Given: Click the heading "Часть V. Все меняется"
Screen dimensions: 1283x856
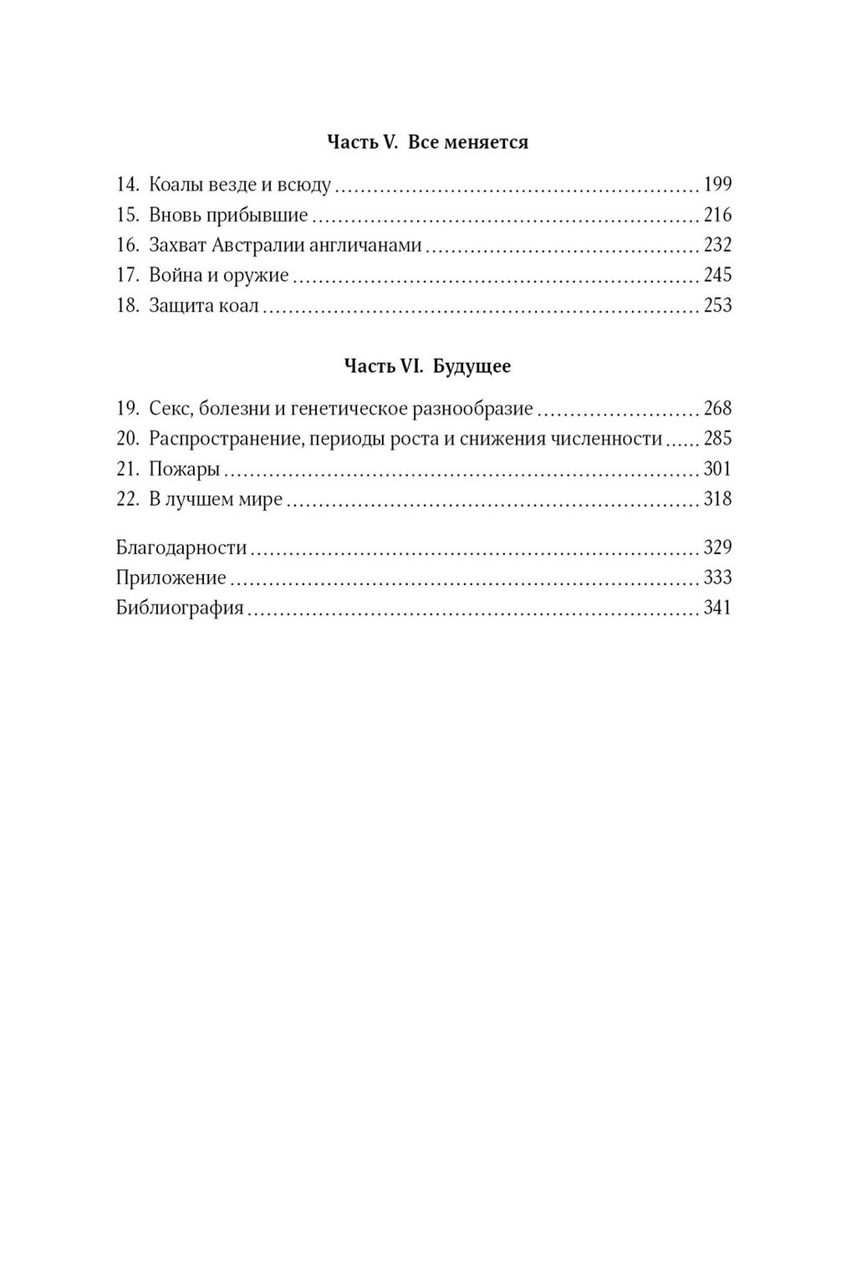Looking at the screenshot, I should click(x=427, y=142).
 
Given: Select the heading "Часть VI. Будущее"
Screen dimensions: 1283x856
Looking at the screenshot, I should click(x=427, y=366).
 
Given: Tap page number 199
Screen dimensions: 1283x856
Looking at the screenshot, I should click(x=717, y=185).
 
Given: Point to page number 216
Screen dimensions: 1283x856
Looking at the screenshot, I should click(x=717, y=215).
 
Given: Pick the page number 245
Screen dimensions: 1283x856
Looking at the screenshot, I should click(x=717, y=275).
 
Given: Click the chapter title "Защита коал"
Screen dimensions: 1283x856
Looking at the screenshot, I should click(x=205, y=306).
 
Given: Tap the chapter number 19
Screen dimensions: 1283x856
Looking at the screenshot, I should click(x=127, y=409).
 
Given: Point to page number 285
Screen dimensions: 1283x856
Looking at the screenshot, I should click(x=717, y=439).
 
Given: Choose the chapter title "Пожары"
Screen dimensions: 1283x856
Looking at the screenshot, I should click(x=184, y=469).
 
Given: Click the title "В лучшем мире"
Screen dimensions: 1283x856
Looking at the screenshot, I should click(x=216, y=499).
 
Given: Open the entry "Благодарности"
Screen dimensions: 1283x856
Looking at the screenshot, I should click(x=181, y=547).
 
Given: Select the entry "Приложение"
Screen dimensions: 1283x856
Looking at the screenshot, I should click(x=171, y=578).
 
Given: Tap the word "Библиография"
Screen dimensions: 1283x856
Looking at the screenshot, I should click(x=180, y=608).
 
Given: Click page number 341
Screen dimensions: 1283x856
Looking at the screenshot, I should click(x=717, y=608).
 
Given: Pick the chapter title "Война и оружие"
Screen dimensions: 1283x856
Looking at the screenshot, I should click(x=219, y=275).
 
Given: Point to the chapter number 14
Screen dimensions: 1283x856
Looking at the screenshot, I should click(x=127, y=185).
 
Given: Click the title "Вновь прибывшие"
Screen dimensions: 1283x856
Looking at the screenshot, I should click(x=228, y=215).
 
